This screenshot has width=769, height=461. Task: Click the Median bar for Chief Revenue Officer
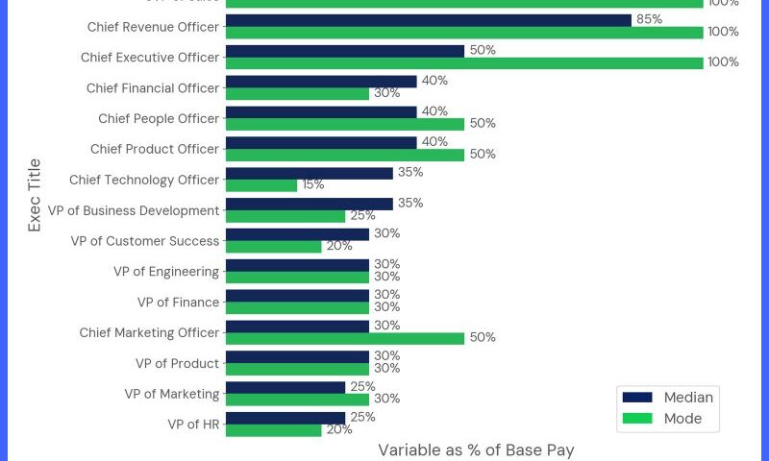pos(428,20)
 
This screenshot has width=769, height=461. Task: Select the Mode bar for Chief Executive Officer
pos(464,63)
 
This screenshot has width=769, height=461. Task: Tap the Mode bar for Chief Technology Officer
pos(261,185)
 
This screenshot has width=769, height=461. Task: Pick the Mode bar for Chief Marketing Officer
pos(345,338)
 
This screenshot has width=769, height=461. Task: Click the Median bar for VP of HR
pos(285,418)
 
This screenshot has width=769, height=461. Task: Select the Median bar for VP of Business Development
pos(309,204)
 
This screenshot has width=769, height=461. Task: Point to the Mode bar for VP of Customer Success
pos(273,247)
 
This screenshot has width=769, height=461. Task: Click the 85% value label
pos(650,19)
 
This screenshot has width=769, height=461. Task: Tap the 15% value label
pos(313,185)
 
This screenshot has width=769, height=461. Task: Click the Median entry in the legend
pos(669,398)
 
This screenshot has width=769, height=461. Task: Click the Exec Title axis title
pos(35,195)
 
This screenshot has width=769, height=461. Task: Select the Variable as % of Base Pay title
pos(476,449)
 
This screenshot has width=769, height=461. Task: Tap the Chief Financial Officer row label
pos(153,88)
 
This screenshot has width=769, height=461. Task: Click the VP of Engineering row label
pos(166,272)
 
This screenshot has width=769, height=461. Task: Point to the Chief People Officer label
pos(159,119)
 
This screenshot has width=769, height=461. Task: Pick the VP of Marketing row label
pos(171,394)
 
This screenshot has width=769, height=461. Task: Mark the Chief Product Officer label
pos(155,150)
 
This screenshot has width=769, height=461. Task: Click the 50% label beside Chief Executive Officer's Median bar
pos(483,50)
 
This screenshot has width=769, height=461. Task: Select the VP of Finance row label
pos(178,303)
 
